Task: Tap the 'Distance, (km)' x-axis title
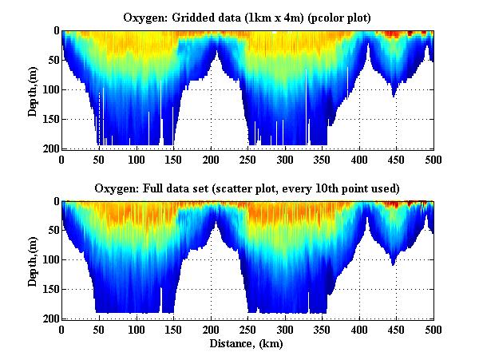(247, 343)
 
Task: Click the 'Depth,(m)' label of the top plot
(33, 89)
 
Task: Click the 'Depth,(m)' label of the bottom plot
(33, 260)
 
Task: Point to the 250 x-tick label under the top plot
(247, 159)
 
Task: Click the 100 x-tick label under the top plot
(137, 159)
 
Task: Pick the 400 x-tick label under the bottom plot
(359, 330)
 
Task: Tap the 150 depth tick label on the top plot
(49, 120)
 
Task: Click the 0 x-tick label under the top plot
(62, 159)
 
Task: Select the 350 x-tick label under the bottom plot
(322, 330)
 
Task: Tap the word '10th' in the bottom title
(338, 188)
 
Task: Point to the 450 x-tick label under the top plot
(396, 159)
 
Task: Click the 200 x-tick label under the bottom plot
(211, 330)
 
